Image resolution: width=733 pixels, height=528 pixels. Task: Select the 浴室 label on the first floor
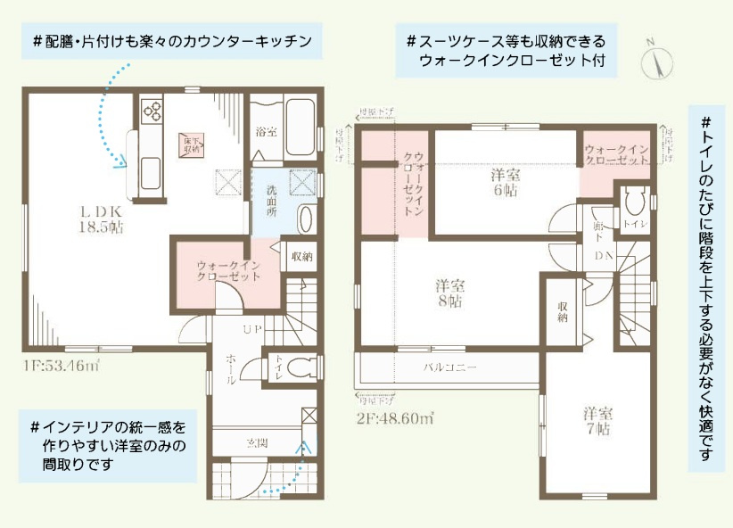(x=266, y=132)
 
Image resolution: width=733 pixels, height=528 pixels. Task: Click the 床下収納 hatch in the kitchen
(x=192, y=144)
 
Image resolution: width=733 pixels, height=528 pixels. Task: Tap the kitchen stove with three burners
(x=151, y=112)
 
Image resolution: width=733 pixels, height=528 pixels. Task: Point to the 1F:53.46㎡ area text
(x=62, y=365)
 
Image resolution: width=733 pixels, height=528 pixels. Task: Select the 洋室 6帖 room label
(x=504, y=182)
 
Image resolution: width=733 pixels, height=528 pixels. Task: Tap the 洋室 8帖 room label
(x=449, y=293)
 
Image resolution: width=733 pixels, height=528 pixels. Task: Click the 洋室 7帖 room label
(x=597, y=421)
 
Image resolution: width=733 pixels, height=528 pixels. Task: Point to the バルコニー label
(x=449, y=367)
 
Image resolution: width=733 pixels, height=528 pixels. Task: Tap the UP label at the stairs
(x=252, y=331)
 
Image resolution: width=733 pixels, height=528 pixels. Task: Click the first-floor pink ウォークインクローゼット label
(x=229, y=270)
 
